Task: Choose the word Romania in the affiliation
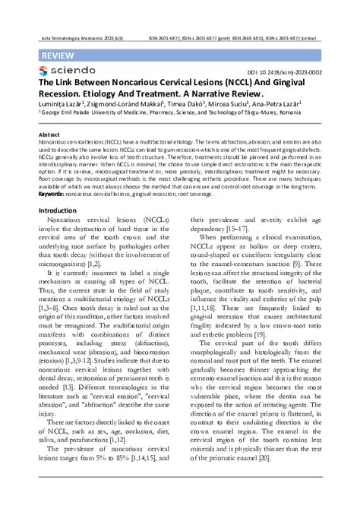(x=283, y=117)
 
